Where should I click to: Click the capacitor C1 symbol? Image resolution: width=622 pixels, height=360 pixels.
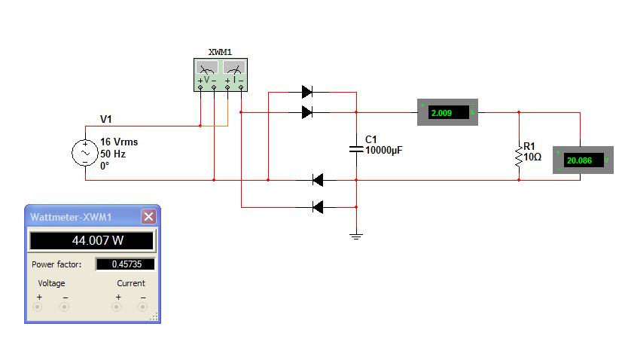356,148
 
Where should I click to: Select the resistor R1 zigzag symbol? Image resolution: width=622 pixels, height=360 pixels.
518,156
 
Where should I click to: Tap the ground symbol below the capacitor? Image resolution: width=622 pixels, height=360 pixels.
356,236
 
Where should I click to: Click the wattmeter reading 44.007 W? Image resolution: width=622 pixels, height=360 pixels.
91,241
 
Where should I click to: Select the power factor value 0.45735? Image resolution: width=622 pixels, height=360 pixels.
125,264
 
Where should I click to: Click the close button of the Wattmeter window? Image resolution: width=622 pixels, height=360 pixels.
148,217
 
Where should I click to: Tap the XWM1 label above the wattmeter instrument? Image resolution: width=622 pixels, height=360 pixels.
220,53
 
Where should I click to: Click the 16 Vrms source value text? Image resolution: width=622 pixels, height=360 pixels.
119,142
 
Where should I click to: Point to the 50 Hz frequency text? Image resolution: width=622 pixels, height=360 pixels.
112,153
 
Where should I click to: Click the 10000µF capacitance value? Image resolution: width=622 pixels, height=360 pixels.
384,151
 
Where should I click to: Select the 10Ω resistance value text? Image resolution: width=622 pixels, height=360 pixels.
532,157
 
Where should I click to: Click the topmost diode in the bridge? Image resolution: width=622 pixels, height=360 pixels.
307,92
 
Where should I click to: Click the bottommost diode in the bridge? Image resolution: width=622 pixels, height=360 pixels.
318,206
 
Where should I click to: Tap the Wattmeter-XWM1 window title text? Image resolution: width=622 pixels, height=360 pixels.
71,217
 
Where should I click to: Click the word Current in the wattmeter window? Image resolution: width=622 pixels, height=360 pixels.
131,283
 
